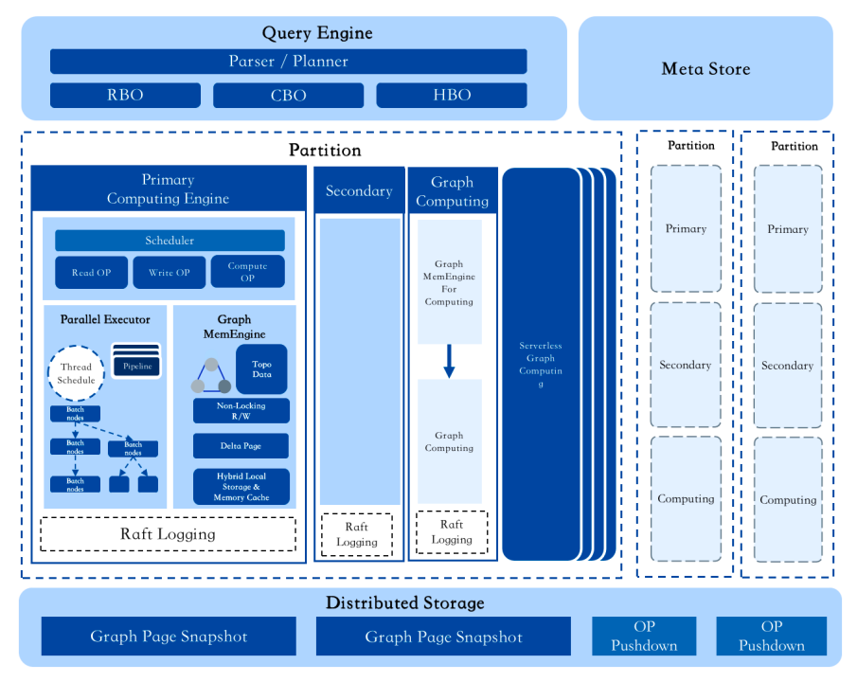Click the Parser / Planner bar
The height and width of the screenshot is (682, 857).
(x=288, y=62)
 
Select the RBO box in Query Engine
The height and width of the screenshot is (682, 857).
(x=125, y=95)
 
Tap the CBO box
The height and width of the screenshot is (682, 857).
(x=288, y=95)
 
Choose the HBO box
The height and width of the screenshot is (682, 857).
(x=452, y=95)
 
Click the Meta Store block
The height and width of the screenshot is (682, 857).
(x=705, y=68)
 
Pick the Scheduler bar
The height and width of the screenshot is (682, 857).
(x=170, y=241)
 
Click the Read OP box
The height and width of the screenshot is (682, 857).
(x=91, y=272)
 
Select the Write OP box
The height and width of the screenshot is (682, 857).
(x=169, y=272)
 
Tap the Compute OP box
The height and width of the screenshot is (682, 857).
(x=247, y=272)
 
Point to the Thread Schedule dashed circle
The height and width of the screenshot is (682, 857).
(x=77, y=373)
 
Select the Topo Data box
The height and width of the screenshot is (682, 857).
(x=261, y=368)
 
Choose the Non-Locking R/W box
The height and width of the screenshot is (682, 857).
(x=241, y=411)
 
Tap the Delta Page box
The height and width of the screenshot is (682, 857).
(x=241, y=445)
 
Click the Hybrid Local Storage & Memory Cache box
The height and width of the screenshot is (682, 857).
(x=241, y=487)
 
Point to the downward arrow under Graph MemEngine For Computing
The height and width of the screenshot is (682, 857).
(x=450, y=361)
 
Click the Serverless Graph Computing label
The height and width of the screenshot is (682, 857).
(x=541, y=365)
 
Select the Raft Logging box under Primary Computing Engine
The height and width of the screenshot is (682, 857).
(x=168, y=534)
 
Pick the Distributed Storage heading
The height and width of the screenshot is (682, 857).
(x=404, y=603)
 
